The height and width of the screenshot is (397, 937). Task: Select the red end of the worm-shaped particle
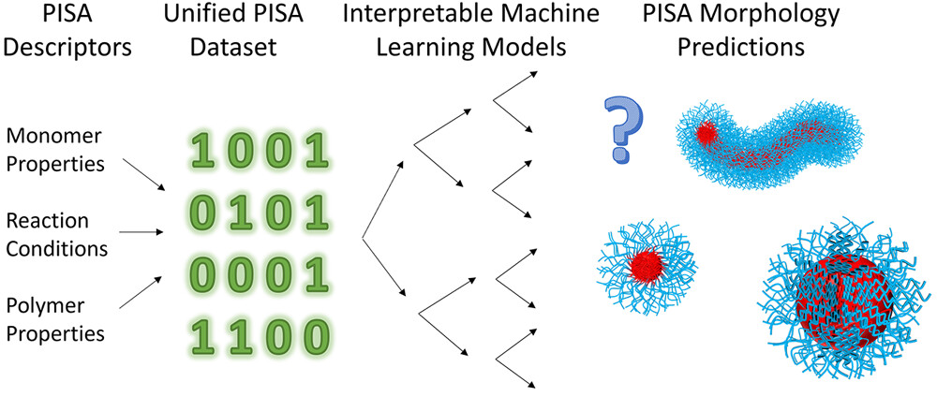click(706, 135)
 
